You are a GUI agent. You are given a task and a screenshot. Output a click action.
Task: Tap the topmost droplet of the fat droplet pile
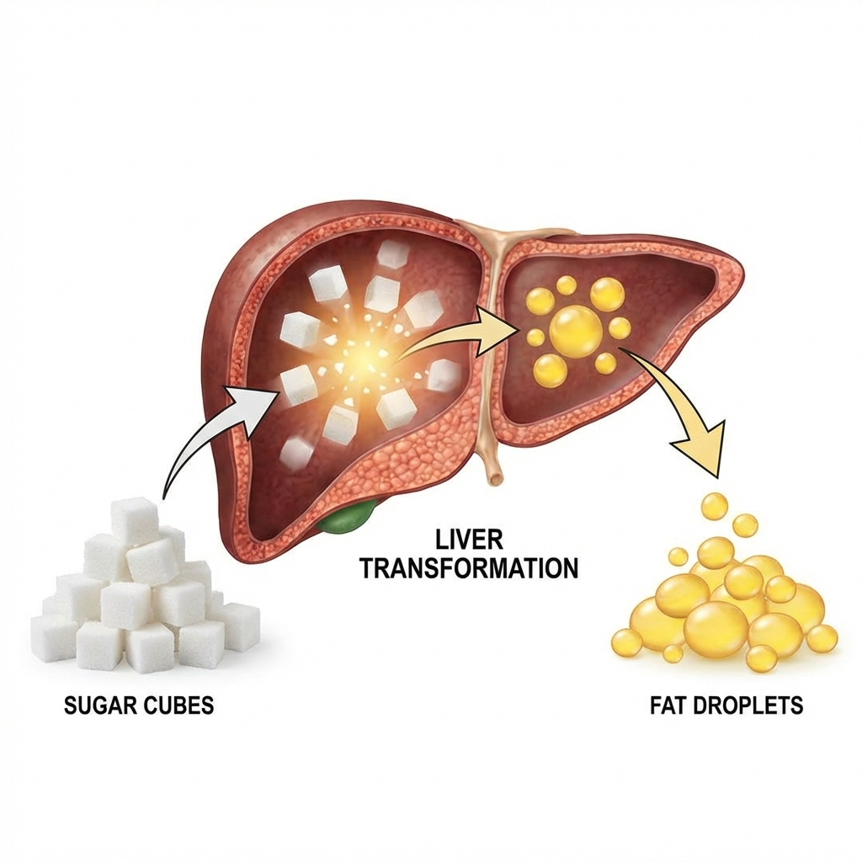(x=715, y=505)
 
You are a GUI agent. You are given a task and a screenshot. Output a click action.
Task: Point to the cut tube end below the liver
(x=495, y=479)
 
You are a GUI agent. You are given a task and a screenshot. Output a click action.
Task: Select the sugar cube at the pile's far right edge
(x=241, y=625)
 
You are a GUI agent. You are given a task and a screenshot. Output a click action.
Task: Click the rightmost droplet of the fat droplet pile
(x=822, y=638)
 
